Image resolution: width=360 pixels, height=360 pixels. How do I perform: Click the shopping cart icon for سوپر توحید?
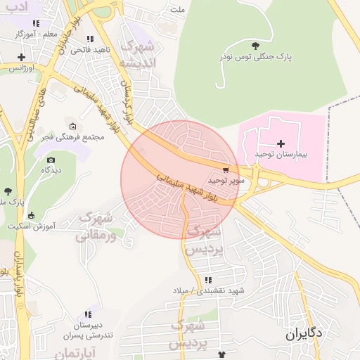[x=226, y=169]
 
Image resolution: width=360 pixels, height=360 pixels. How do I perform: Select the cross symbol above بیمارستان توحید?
[x=281, y=143]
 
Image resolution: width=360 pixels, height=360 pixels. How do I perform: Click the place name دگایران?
[x=304, y=335]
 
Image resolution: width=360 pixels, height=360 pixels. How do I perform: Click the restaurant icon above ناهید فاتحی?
[x=88, y=39]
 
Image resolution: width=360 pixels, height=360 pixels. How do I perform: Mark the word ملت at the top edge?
[x=178, y=11]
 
